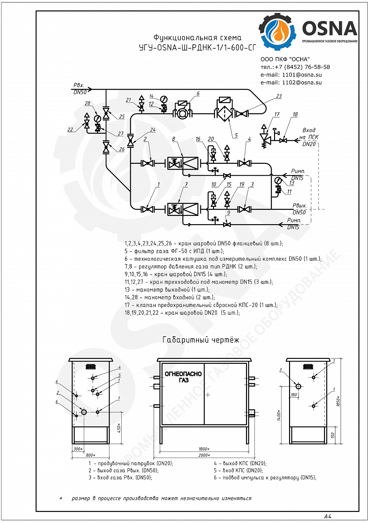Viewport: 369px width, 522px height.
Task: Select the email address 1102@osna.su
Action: point(302,83)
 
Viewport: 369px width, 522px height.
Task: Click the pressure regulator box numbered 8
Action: point(183,163)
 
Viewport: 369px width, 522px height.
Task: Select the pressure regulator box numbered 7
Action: point(183,209)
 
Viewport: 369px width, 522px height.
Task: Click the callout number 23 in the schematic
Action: point(279,96)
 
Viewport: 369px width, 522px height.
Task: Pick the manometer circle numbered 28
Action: point(97,119)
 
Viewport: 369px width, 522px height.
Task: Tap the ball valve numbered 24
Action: point(131,140)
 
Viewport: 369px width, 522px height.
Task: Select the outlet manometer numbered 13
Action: point(278,181)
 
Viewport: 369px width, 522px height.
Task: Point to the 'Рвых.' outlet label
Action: point(300,206)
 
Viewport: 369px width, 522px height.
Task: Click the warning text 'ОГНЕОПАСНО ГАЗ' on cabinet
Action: point(183,377)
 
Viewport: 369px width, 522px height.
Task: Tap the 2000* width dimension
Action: point(204,455)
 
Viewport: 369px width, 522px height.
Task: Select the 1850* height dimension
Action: point(338,401)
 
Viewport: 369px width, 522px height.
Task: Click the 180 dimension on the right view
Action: point(294,395)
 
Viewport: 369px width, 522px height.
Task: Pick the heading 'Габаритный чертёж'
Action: point(201,340)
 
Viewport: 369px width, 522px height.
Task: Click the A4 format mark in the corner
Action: point(328,516)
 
